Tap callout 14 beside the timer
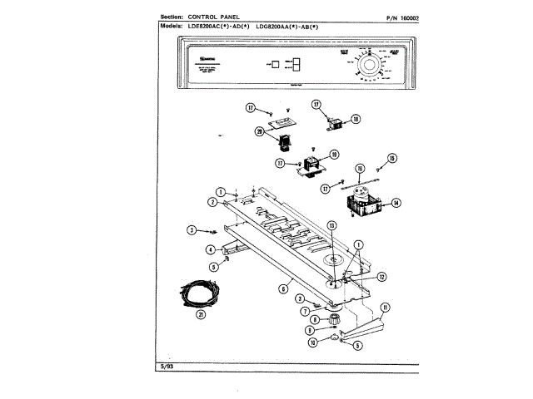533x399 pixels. point(396,202)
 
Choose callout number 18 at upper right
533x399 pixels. point(356,120)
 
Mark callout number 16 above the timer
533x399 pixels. point(360,168)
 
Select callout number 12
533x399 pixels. point(381,277)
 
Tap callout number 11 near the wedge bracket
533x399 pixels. point(384,307)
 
